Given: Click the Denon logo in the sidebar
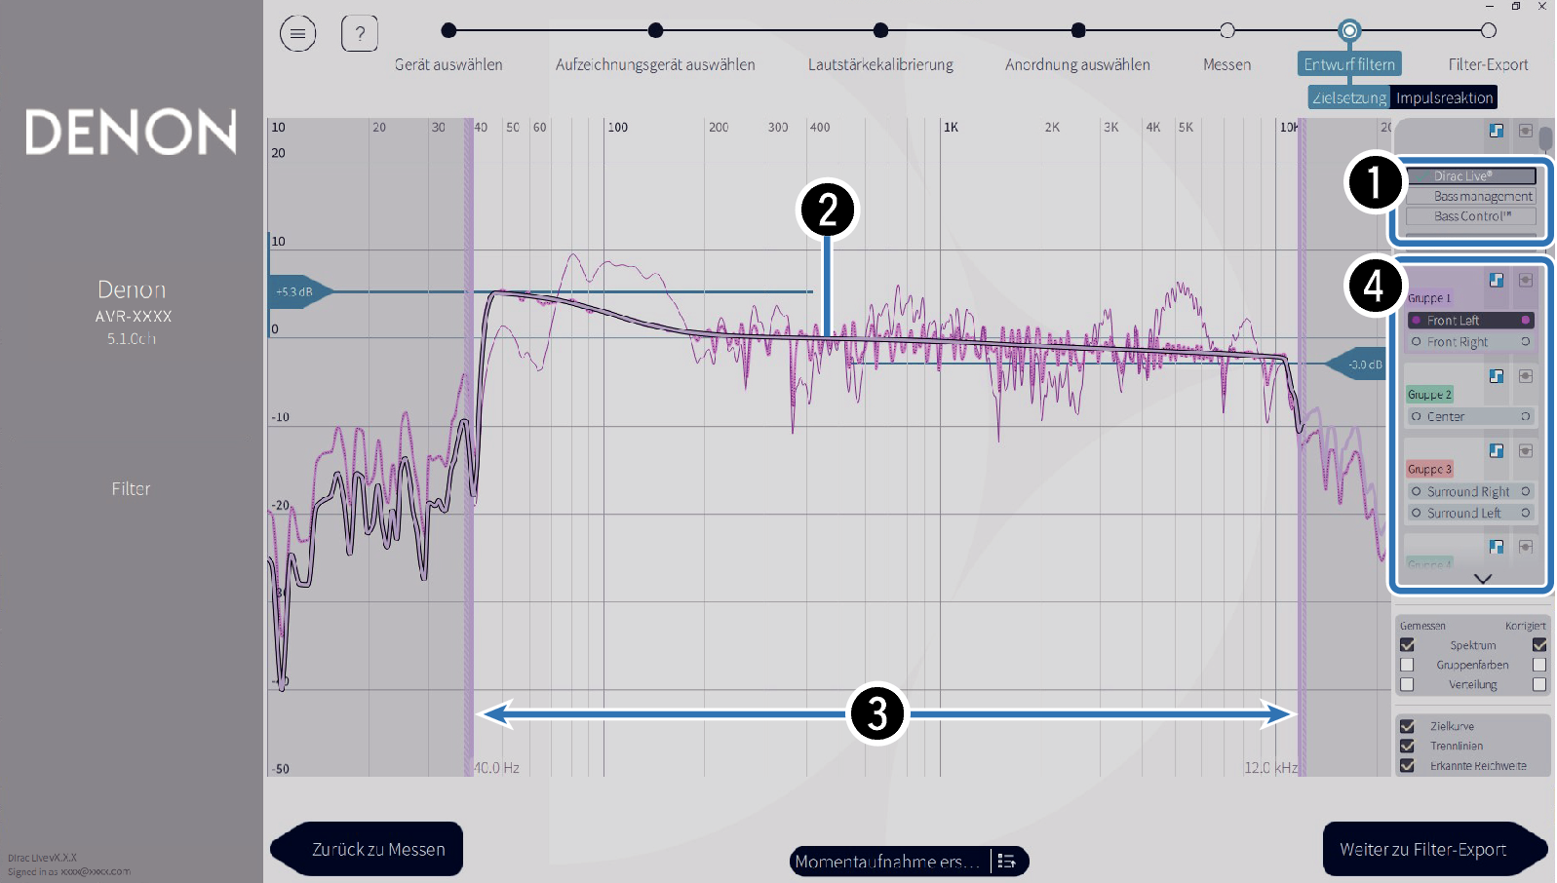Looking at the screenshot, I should click(x=131, y=132).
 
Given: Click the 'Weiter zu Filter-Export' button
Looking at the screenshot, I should click(x=1423, y=849).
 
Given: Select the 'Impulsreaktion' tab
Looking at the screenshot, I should click(x=1444, y=97).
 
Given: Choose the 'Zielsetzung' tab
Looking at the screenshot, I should click(x=1349, y=97).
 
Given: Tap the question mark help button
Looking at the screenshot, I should click(x=360, y=34).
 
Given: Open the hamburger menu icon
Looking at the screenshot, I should click(x=297, y=34).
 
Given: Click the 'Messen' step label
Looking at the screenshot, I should click(x=1226, y=64).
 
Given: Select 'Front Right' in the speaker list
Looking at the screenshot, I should click(x=1457, y=342).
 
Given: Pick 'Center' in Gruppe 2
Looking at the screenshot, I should click(x=1446, y=416).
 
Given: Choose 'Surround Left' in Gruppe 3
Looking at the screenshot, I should click(x=1463, y=513).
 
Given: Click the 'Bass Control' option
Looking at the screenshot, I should click(x=1471, y=216).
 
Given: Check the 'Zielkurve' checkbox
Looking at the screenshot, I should click(x=1407, y=726).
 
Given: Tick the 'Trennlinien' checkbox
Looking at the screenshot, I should click(x=1407, y=746).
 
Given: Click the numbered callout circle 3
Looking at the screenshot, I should click(x=877, y=713).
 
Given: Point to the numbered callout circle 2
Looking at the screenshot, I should click(x=827, y=210).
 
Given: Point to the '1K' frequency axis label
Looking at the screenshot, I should click(x=951, y=128).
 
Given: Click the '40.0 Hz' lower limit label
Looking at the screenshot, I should click(x=497, y=768).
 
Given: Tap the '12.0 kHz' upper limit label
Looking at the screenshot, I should click(x=1270, y=768).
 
